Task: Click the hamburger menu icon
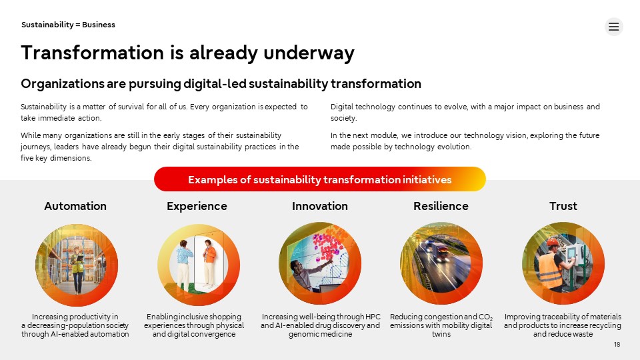point(613,27)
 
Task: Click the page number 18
point(617,345)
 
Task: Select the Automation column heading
point(75,206)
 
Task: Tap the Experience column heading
point(197,206)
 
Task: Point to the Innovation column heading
point(319,206)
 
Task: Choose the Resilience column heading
point(441,206)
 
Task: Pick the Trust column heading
point(563,206)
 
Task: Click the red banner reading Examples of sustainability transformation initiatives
point(319,179)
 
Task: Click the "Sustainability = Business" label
point(68,25)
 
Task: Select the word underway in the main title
point(309,53)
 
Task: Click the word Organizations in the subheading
point(63,84)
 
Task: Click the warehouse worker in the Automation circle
point(77,269)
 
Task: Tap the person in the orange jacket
point(209,262)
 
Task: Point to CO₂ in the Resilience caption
point(485,317)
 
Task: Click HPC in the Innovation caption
point(373,317)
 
